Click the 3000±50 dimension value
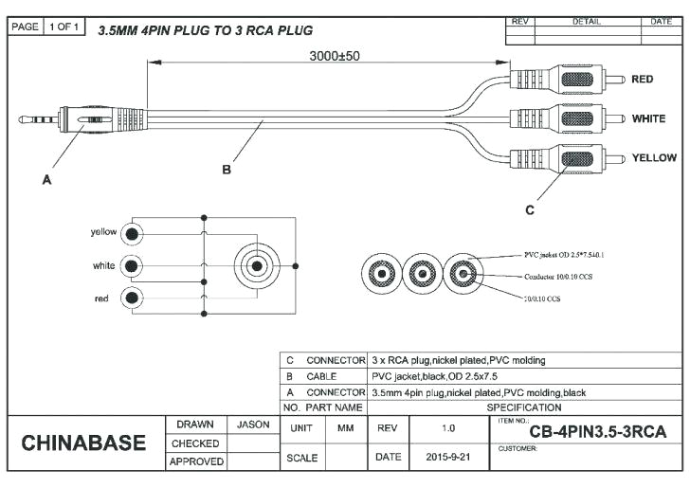point(335,56)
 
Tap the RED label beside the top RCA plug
point(642,80)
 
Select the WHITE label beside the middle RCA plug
point(648,119)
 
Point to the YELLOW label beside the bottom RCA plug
point(654,157)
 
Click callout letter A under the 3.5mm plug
point(46,181)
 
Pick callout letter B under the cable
point(227,170)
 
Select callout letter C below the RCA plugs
point(529,208)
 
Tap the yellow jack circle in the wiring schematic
point(134,232)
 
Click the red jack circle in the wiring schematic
point(134,298)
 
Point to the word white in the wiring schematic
point(104,266)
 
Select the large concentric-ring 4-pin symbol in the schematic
point(257,265)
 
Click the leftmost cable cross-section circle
point(381,275)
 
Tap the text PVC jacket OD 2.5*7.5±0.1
point(564,255)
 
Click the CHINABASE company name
point(83,443)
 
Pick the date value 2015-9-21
point(447,457)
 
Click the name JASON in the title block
point(253,425)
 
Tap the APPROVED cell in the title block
point(195,461)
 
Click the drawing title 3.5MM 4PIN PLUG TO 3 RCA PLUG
point(205,30)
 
